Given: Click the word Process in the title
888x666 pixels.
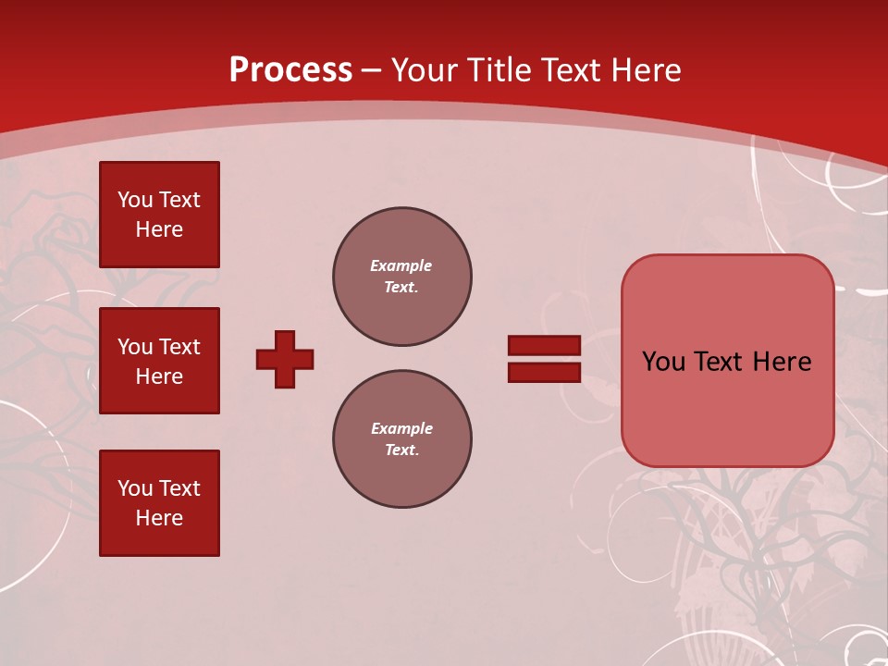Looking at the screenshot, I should pos(290,70).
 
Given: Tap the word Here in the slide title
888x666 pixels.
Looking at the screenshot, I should pos(646,70).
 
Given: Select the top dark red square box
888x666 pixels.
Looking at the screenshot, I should pos(159,215).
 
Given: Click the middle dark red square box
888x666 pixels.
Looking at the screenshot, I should pos(159,361).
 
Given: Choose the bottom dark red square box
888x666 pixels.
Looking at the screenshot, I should pos(159,503).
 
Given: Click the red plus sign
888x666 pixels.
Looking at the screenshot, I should pos(285,359).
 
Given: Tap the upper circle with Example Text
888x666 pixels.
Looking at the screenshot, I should pos(402,277).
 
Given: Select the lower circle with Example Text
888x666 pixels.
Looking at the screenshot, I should pos(402,439).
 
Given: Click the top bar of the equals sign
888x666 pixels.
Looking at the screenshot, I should pos(544,345).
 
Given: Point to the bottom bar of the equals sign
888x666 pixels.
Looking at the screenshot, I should pos(544,372).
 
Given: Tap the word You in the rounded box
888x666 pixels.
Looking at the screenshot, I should pos(663,362).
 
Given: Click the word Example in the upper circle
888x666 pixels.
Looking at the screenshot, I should pos(401,265).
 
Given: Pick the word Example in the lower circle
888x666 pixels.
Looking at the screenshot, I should pos(401,428).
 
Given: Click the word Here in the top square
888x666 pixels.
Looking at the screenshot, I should pos(159,229).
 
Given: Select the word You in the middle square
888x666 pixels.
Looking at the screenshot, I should pos(135,347).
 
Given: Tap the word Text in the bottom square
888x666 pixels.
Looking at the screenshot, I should pos(179,488).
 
